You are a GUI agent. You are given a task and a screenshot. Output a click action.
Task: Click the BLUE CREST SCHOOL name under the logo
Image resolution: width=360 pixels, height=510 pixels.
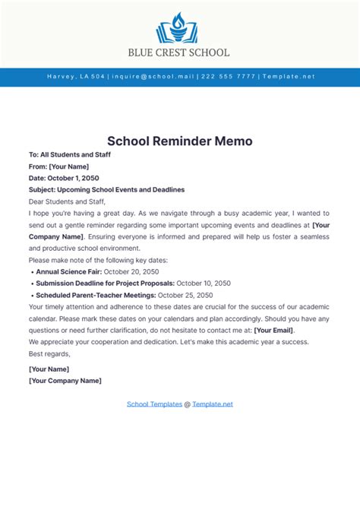179,53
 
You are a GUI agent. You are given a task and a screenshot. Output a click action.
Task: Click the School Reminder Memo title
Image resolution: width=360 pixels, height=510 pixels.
179,141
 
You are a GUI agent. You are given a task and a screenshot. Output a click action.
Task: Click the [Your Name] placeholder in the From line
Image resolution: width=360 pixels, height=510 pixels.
69,166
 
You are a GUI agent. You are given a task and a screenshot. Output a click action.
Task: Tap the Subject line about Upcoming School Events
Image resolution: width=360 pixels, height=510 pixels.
106,189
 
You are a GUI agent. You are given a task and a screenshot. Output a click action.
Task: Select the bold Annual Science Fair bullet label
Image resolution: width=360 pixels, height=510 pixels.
68,271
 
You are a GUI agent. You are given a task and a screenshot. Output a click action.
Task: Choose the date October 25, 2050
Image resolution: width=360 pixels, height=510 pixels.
186,295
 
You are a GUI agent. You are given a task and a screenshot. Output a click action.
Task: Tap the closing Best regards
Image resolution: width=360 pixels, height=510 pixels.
49,353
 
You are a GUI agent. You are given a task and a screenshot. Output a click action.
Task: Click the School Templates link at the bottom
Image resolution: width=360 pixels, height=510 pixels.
153,404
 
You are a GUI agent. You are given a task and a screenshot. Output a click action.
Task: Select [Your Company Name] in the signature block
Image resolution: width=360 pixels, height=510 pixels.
65,380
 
